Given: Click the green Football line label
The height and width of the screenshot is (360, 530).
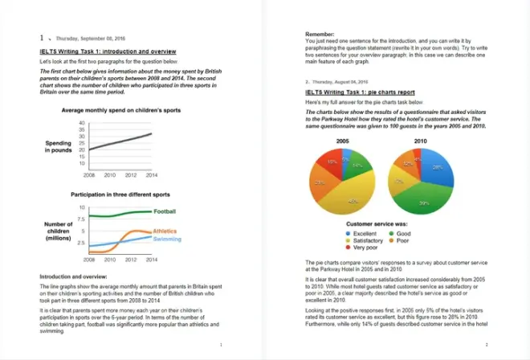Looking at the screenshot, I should coord(165,211).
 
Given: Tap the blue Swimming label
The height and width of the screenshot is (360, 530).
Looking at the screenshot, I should coord(166,239).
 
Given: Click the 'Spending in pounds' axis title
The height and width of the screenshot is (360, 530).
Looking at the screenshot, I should coord(57,146).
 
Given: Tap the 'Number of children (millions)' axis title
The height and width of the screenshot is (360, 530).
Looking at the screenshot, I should coord(57,230).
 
